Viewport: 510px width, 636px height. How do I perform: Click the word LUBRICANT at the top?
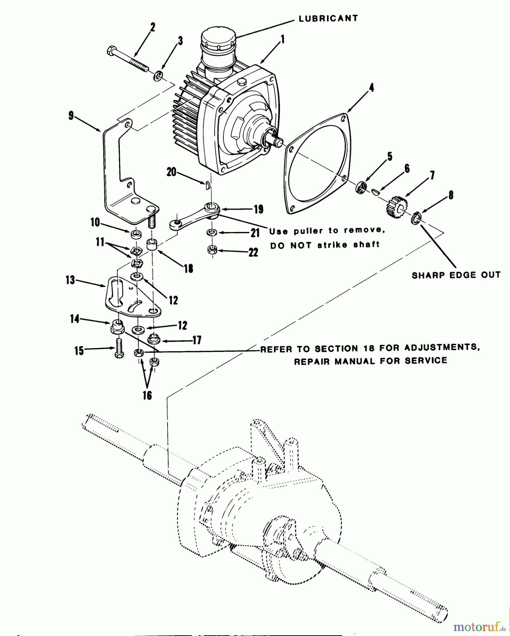328,18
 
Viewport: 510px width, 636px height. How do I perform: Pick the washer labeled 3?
158,75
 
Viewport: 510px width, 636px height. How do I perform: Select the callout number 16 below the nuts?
147,395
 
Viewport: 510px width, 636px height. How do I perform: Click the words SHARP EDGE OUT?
456,275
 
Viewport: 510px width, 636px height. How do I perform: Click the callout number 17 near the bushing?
197,340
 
